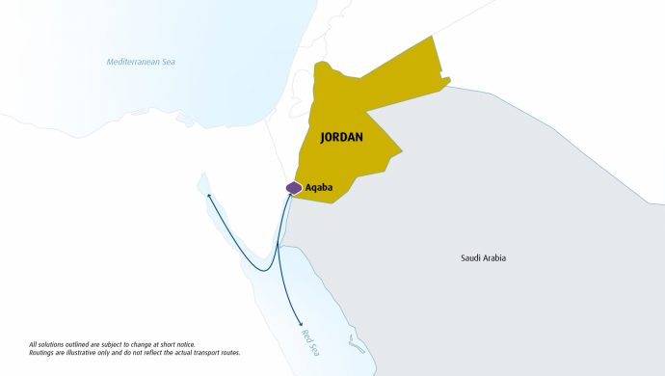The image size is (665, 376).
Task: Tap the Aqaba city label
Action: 318,187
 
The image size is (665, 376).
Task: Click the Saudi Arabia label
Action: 483,258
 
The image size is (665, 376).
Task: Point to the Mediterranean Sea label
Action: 141,62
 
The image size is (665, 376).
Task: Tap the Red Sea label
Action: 308,340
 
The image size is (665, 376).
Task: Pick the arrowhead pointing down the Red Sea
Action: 302,323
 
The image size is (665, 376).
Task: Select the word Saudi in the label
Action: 470,258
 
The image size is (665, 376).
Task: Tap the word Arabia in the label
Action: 494,258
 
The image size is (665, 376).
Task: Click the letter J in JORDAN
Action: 323,138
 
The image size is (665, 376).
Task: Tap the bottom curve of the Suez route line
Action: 262,269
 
